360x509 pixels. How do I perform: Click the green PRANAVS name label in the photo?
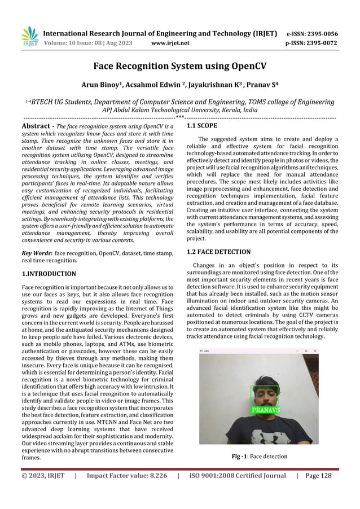pos(265,410)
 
